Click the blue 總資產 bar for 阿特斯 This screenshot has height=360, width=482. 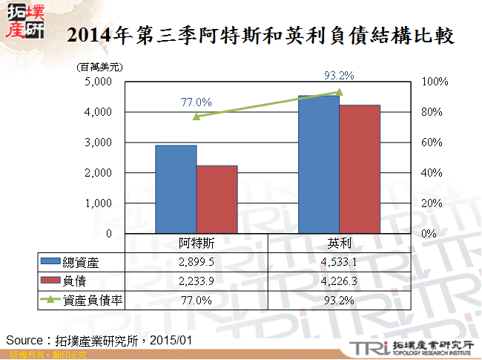176,189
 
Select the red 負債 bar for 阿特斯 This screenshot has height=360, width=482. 217,200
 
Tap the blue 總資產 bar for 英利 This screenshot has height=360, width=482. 319,164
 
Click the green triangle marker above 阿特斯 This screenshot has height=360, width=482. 197,117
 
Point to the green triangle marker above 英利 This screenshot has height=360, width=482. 340,92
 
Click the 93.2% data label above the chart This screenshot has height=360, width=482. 340,75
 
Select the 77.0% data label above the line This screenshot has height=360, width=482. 197,102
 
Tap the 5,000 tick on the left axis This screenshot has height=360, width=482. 98,82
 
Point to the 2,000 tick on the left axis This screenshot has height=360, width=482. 98,173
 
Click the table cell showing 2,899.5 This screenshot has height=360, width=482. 196,262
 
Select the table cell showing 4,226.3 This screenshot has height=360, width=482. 339,281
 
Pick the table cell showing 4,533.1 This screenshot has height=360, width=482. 339,262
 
